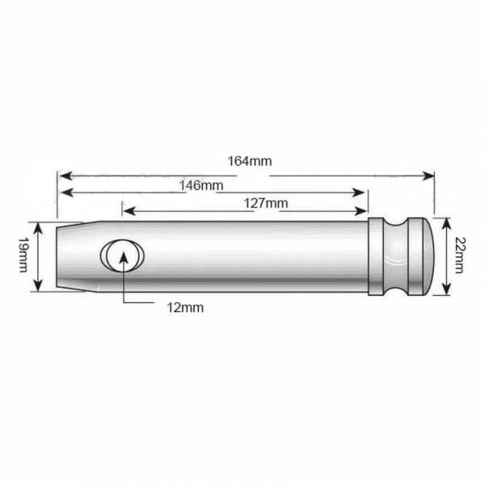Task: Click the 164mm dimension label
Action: pyautogui.click(x=250, y=161)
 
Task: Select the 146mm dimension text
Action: pyautogui.click(x=201, y=185)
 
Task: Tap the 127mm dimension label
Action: pyautogui.click(x=266, y=203)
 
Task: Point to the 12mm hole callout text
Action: pyautogui.click(x=185, y=307)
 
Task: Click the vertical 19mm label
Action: pyautogui.click(x=23, y=255)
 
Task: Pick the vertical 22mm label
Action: pyautogui.click(x=460, y=255)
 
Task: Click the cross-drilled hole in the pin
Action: pyautogui.click(x=122, y=255)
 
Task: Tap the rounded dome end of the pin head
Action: pyautogui.click(x=428, y=256)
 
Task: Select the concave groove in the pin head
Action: pyautogui.click(x=395, y=256)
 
